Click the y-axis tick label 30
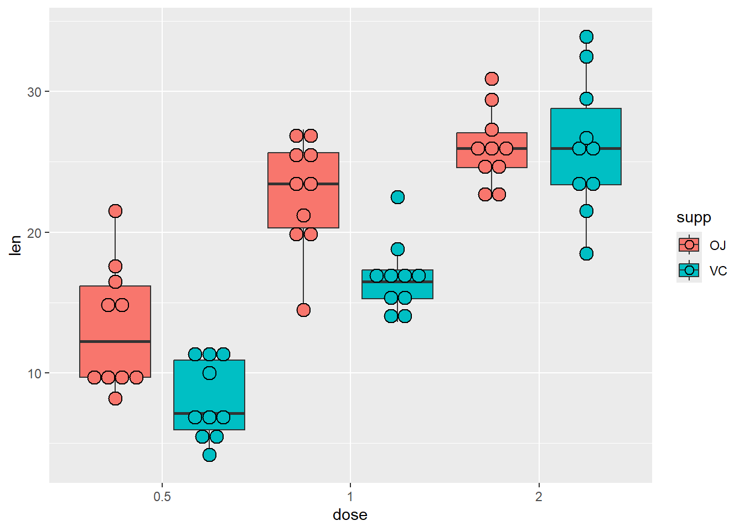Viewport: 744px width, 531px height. (34, 92)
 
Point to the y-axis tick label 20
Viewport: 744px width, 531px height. (34, 233)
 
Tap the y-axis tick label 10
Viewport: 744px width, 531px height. (34, 374)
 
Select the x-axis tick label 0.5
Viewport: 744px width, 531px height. (162, 497)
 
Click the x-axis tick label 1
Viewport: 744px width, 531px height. (350, 497)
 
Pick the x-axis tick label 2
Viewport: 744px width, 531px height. (539, 497)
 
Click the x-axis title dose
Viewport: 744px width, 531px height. (350, 515)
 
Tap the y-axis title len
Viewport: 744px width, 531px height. (15, 246)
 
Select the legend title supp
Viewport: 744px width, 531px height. (694, 218)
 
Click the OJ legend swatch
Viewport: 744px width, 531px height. (689, 244)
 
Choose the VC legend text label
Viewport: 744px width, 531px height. (718, 271)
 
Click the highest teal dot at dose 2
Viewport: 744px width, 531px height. (586, 37)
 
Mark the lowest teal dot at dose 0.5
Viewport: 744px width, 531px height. (209, 455)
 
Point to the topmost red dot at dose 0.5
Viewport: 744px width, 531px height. (115, 211)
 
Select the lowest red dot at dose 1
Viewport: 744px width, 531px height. (303, 310)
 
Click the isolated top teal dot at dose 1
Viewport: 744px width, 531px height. (397, 197)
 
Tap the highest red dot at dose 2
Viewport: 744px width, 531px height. (492, 79)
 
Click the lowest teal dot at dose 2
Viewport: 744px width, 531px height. (586, 253)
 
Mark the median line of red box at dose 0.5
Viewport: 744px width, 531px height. (115, 341)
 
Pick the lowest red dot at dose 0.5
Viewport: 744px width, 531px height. (115, 398)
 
